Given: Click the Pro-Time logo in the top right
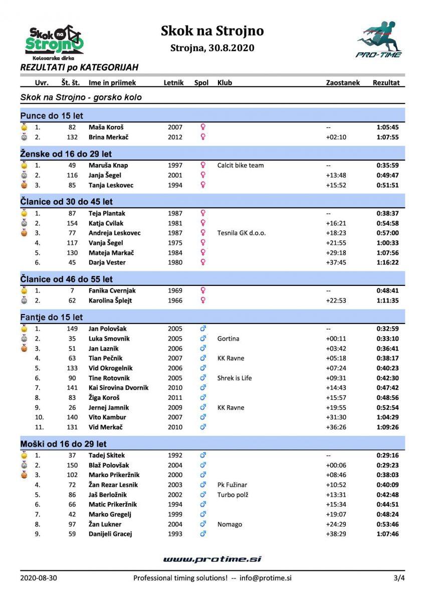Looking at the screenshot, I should [x=379, y=40].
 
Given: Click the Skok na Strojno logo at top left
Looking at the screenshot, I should [x=54, y=41].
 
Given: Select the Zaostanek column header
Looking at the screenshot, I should [x=343, y=83].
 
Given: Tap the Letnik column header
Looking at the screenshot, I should [x=173, y=83].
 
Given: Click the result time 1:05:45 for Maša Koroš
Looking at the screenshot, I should [x=387, y=127].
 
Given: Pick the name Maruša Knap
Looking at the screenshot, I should [x=108, y=166].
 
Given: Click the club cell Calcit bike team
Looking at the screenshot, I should [x=241, y=166].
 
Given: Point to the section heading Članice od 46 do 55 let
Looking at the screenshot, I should [x=67, y=279].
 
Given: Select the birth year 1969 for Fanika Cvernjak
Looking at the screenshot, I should [x=175, y=290].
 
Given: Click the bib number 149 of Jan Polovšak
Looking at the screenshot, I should [x=72, y=329].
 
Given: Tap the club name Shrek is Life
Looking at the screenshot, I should [x=235, y=378].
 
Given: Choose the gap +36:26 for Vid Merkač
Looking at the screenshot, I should [x=335, y=427].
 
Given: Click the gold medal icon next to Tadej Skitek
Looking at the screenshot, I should [x=24, y=456].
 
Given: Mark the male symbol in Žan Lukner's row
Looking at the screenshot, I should [x=203, y=524].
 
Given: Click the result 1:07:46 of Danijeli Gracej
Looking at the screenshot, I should [x=387, y=534].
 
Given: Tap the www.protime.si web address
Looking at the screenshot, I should [x=212, y=559].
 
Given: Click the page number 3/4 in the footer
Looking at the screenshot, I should [x=399, y=578].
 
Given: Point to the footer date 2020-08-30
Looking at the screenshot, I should [x=39, y=578].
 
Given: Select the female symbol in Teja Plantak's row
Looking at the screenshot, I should [x=203, y=213].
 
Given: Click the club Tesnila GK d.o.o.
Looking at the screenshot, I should [x=242, y=233].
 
